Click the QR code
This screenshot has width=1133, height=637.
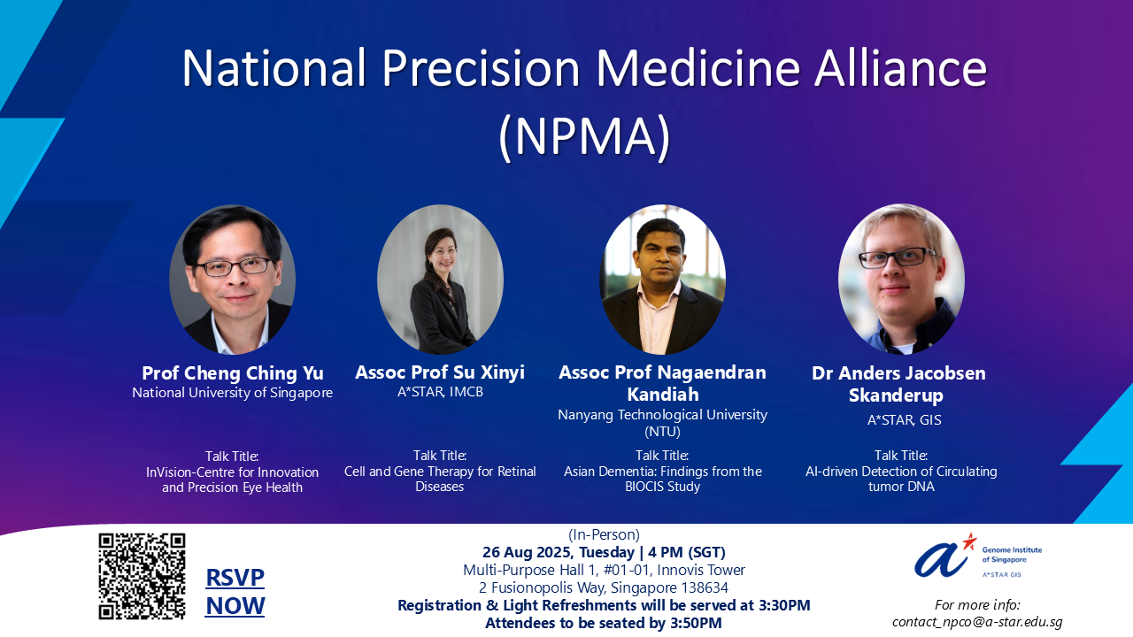[142, 576]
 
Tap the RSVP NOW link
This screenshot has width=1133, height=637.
[235, 592]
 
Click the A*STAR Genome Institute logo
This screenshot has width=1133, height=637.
[977, 556]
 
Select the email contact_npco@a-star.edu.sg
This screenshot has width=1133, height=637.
[977, 621]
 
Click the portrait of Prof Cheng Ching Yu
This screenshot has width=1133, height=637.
[232, 280]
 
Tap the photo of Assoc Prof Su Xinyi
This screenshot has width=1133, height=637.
[440, 280]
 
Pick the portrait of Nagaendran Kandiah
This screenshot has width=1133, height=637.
[662, 280]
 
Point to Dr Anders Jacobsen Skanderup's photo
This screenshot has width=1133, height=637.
[901, 280]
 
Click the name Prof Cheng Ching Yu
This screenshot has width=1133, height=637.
[233, 372]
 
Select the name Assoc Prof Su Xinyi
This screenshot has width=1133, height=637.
[440, 372]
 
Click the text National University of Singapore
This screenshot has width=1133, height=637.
[233, 393]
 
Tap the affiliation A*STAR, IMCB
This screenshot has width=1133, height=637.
[440, 392]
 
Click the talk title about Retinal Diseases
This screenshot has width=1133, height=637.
[440, 479]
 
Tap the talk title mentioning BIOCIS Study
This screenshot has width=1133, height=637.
[662, 479]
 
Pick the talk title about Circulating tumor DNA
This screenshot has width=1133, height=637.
[901, 479]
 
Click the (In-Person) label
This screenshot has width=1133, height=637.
[603, 534]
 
